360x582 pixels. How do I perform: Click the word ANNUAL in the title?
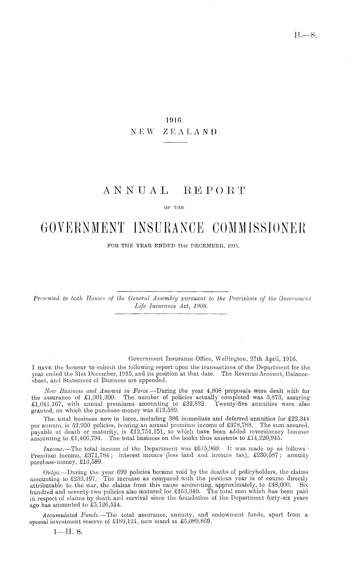click(136, 192)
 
